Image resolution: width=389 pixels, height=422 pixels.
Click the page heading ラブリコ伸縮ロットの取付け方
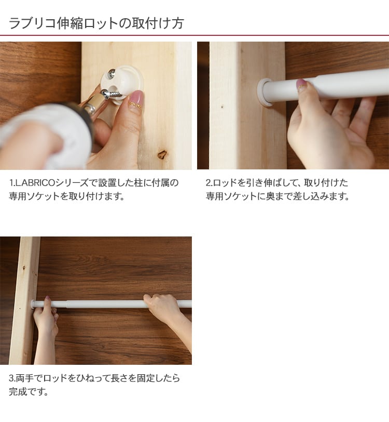tap(96, 23)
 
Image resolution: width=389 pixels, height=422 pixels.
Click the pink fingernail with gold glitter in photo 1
tap(136, 100)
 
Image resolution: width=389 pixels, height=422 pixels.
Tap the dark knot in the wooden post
tap(162, 154)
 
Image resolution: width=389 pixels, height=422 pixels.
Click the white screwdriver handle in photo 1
tap(43, 135)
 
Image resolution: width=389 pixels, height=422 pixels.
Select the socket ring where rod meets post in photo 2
tap(264, 93)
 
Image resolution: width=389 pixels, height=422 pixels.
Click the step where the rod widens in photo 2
tap(317, 87)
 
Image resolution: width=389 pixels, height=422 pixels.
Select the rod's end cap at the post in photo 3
tap(33, 305)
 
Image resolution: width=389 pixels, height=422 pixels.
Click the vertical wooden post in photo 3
tap(25, 300)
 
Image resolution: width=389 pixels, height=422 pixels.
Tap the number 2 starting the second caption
tap(208, 183)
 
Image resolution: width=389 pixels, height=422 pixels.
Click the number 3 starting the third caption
tap(11, 378)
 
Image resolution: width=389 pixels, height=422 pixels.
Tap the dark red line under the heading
tap(195, 35)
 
